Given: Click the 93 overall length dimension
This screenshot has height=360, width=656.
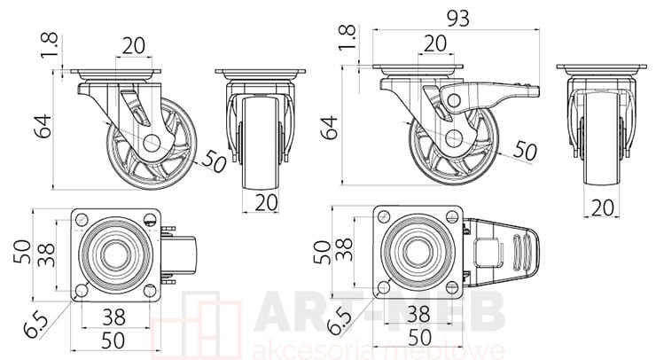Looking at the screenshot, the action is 458,19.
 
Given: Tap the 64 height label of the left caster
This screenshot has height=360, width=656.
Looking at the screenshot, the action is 43,126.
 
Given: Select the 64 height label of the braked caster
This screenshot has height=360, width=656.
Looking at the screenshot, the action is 329,128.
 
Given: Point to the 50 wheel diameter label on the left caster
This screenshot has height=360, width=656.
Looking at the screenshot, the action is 214,161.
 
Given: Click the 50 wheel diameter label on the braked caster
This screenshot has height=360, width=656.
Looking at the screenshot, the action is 525,150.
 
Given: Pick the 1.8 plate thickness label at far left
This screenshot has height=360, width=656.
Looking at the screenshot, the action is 50,45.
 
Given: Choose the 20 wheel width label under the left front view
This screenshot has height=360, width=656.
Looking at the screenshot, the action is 266,203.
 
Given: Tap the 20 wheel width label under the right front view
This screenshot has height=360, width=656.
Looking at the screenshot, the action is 603,207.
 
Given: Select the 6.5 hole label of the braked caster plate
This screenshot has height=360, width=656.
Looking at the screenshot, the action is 339,322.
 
